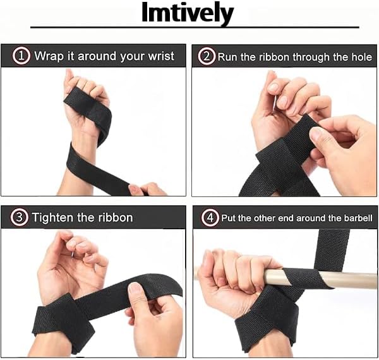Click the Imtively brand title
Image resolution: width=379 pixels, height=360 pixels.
[188, 13]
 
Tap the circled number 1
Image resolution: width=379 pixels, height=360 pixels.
[21, 56]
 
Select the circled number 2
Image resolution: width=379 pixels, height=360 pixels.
[207, 56]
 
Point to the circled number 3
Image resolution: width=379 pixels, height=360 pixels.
[19, 217]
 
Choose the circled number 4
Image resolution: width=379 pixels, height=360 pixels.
[210, 218]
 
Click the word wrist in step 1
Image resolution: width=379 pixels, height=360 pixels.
[161, 56]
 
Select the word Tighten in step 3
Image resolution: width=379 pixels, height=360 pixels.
[52, 218]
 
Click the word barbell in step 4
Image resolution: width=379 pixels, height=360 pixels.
[358, 218]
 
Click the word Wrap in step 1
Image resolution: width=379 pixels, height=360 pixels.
[49, 57]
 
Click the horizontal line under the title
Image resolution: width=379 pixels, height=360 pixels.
[195, 27]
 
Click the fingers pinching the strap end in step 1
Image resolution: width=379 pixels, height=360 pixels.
[147, 189]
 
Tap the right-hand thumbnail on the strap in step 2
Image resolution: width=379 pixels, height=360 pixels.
[316, 134]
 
